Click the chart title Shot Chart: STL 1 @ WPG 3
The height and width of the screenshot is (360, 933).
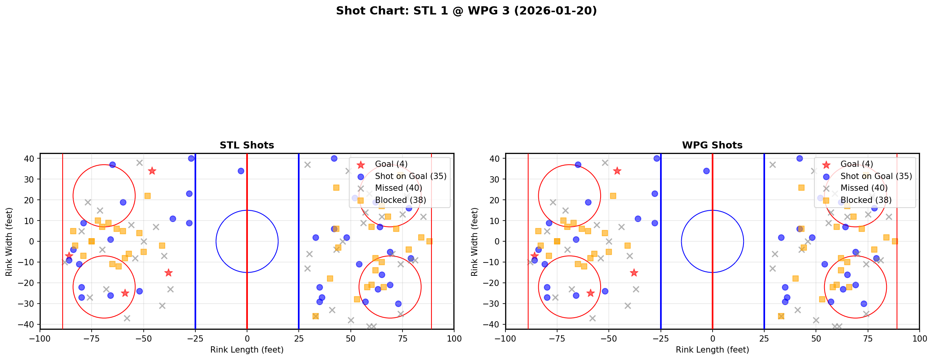click(x=466, y=11)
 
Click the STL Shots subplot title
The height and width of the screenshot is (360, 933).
click(x=247, y=145)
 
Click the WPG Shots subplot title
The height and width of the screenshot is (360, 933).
click(x=712, y=145)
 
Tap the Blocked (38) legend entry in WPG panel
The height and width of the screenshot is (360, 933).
click(x=866, y=200)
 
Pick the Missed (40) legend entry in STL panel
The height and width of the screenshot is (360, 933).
click(x=398, y=188)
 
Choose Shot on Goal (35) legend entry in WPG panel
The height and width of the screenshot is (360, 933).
click(x=876, y=176)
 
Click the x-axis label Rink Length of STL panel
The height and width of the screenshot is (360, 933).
click(x=247, y=350)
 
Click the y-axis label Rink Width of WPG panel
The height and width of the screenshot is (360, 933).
click(x=475, y=242)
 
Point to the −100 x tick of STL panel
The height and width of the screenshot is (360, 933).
click(x=40, y=338)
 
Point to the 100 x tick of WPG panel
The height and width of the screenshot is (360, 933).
click(x=919, y=338)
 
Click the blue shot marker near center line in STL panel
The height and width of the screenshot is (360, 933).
click(x=241, y=171)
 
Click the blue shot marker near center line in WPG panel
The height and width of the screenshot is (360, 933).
click(x=706, y=171)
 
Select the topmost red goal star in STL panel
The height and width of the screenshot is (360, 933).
click(x=152, y=171)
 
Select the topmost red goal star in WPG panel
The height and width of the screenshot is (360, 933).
click(x=617, y=171)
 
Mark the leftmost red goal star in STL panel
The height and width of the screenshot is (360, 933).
click(x=69, y=256)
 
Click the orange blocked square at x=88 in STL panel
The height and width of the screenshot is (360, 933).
click(x=429, y=241)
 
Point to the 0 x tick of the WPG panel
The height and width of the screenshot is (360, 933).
click(x=713, y=338)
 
